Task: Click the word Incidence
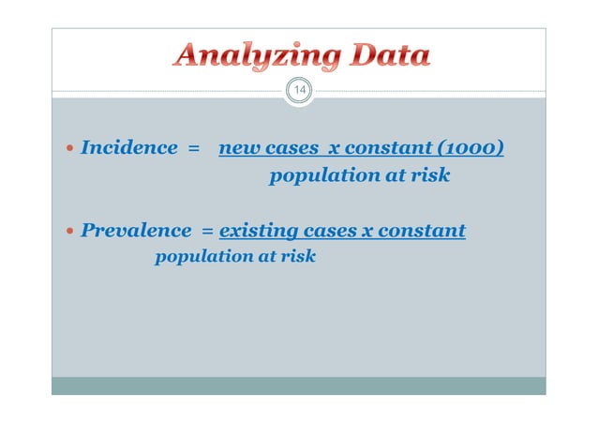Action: coord(128,147)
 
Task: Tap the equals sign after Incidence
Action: coord(194,148)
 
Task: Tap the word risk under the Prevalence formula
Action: coord(298,255)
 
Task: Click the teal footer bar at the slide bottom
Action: coord(298,385)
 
